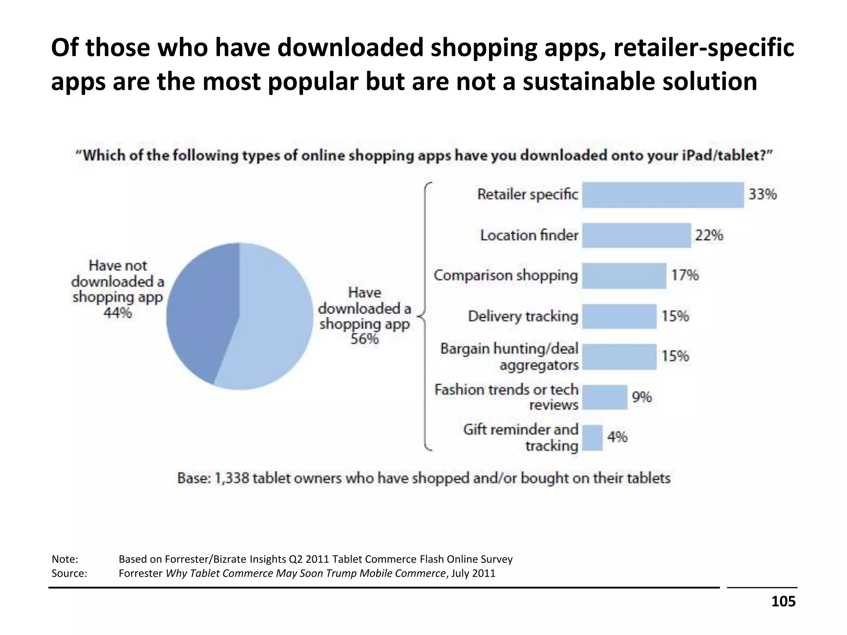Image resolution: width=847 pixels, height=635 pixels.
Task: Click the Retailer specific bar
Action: pos(663,195)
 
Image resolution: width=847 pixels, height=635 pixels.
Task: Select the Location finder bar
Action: pos(636,235)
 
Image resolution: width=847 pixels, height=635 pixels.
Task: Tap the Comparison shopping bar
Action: pos(624,275)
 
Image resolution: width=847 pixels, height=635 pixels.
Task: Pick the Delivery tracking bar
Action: pos(619,316)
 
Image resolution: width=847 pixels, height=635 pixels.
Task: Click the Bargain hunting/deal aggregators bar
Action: pos(619,356)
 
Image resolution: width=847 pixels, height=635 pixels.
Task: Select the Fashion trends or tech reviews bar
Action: pos(605,397)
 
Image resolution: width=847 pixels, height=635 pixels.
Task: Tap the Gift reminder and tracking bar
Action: pos(592,437)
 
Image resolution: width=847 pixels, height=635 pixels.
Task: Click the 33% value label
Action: pos(763,194)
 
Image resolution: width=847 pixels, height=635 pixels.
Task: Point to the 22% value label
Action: pos(709,235)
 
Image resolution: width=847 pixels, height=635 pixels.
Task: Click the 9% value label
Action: pos(641,397)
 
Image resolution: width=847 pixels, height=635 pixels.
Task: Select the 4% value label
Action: pos(617,437)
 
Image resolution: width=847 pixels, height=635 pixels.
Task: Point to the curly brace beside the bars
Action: pos(425,316)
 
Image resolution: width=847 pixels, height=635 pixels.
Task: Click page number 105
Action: pos(783,601)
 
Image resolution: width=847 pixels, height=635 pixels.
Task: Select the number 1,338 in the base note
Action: pos(232,478)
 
